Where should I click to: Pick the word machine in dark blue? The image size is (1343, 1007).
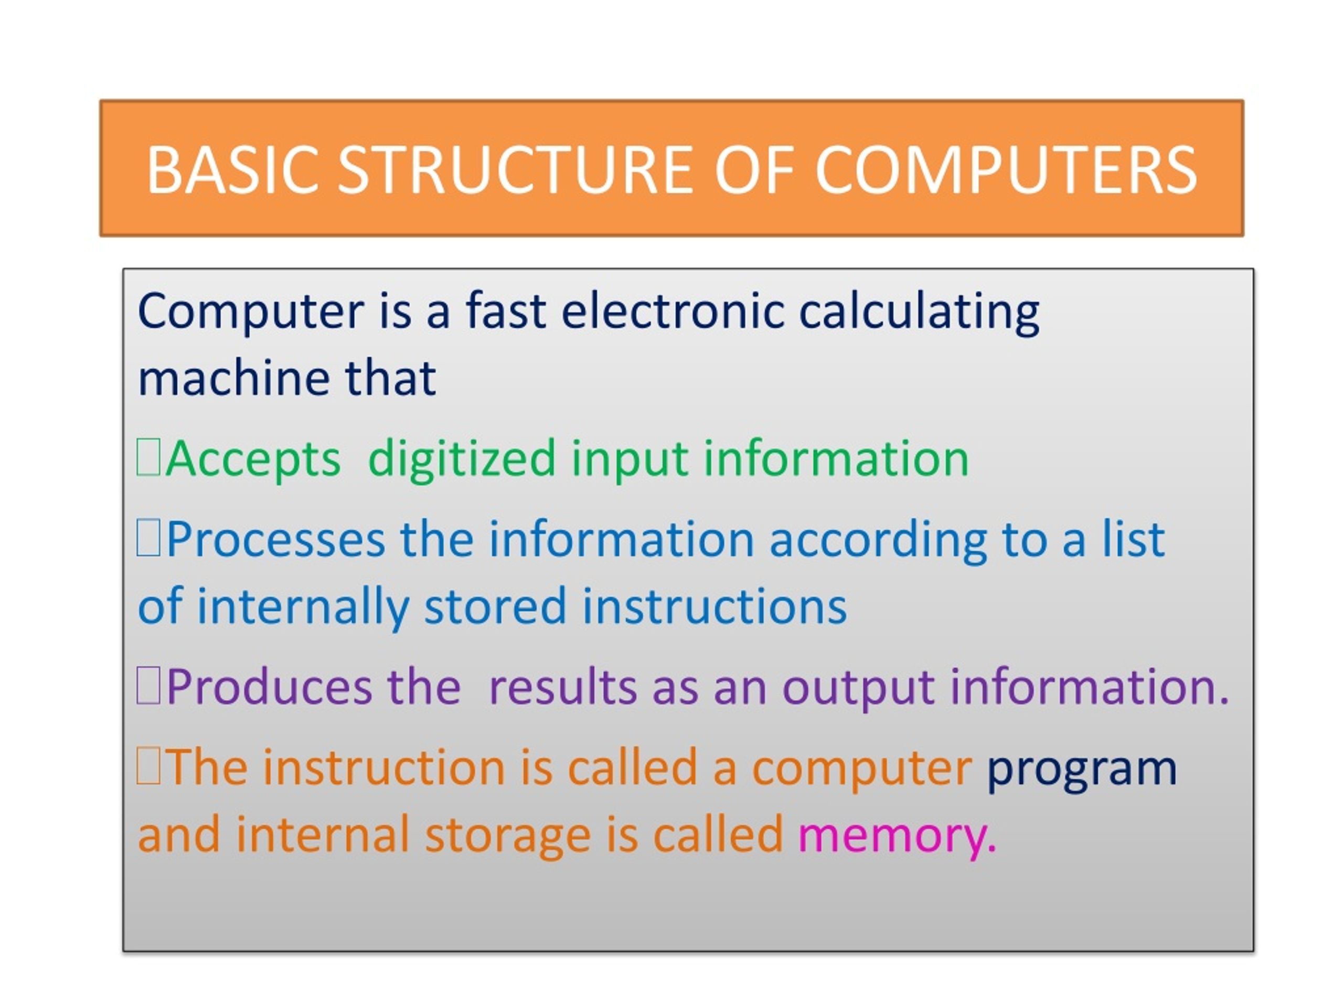234,378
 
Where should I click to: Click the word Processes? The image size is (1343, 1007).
275,539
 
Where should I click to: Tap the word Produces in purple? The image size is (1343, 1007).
269,687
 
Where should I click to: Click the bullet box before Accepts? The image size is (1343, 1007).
148,458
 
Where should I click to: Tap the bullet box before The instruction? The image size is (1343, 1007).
148,767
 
